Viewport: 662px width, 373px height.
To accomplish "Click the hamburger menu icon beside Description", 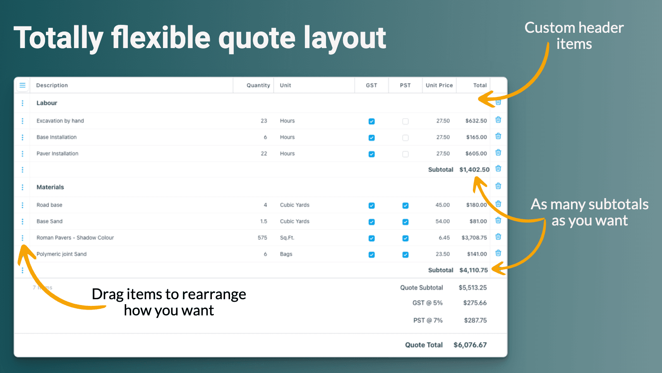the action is [22, 85].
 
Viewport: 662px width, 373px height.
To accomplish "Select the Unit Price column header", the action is [439, 85].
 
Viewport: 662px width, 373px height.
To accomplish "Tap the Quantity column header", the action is [258, 85].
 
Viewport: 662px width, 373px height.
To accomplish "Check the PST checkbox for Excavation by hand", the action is [405, 121].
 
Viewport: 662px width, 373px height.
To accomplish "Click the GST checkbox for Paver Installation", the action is [372, 154].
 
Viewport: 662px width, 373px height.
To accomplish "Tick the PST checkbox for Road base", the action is [405, 206].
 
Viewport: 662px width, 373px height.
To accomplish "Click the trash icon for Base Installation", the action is [498, 136].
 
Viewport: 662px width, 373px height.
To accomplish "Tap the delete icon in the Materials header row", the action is [498, 186].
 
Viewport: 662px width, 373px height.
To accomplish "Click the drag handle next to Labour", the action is [22, 103].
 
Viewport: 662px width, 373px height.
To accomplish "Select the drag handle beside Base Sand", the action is [22, 221].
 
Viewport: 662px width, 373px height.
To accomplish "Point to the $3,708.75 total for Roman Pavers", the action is [474, 238].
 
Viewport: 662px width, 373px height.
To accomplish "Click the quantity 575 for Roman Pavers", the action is [262, 238].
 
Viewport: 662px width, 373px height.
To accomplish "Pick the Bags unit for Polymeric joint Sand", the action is [286, 254].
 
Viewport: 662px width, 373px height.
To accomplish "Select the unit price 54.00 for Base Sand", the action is [442, 221].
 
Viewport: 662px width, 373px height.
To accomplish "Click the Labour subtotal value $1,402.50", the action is [474, 170].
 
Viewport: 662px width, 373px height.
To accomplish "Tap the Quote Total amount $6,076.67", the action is [470, 345].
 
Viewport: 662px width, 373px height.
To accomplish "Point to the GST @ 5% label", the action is [427, 303].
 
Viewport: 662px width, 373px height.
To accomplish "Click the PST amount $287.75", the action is [475, 320].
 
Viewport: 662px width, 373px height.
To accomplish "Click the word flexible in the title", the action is [161, 38].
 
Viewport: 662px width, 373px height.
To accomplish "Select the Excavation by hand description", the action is [60, 121].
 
